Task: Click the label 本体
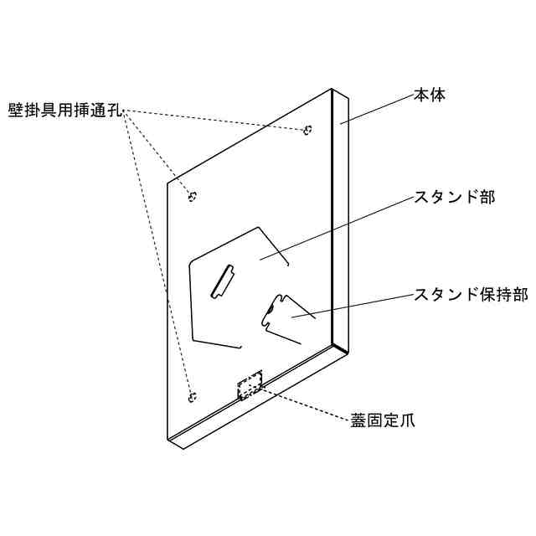pos(430,95)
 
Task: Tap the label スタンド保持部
pos(472,294)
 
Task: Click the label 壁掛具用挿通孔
pos(65,111)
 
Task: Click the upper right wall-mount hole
pos(308,130)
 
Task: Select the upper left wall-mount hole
pos(193,197)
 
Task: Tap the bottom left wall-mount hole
pos(193,395)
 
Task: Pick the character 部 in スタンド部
pos(485,198)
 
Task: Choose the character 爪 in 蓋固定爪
pos(406,419)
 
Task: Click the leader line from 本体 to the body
pos(377,108)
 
